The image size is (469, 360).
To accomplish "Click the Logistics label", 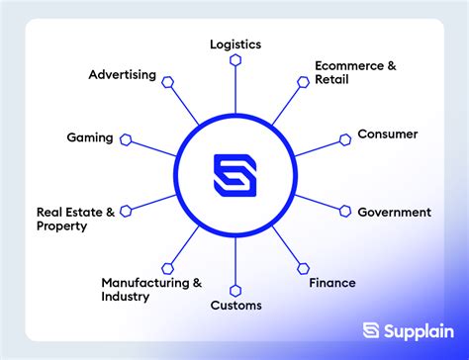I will [x=235, y=44].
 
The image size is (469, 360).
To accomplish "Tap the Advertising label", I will [x=122, y=74].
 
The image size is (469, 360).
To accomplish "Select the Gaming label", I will [x=89, y=137].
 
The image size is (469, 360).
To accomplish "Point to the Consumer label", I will [x=387, y=134].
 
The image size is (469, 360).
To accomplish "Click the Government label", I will [x=394, y=212].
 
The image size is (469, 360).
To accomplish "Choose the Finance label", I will [x=331, y=283].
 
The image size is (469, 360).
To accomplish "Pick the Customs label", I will [x=235, y=306].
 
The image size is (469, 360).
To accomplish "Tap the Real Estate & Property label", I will [x=75, y=219].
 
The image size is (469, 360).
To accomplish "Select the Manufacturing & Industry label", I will [x=151, y=289].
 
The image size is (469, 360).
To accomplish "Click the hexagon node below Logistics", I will [x=235, y=60].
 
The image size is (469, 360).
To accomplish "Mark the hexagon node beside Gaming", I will [x=126, y=139].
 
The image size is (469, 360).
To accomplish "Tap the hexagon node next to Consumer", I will [x=345, y=138].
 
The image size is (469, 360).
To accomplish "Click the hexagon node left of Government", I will [x=346, y=211].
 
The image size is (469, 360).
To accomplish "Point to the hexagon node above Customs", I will [x=235, y=290].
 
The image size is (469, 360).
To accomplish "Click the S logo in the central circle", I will [x=235, y=175].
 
